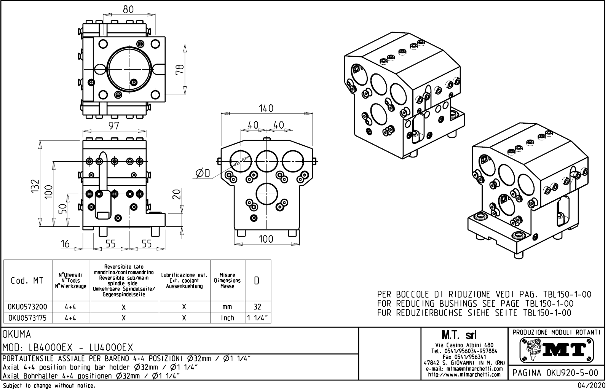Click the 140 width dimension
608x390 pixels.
266,108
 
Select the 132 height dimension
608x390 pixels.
35,186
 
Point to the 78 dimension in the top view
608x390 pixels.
180,69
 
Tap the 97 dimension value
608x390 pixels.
114,126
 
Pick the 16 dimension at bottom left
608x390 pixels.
65,244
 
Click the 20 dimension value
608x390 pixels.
176,194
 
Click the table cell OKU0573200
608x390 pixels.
27,307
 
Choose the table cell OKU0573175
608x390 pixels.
27,318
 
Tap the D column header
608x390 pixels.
257,281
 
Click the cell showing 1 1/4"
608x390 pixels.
258,318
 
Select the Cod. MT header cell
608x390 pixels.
27,281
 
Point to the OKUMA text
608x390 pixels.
17,334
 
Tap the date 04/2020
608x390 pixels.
591,386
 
